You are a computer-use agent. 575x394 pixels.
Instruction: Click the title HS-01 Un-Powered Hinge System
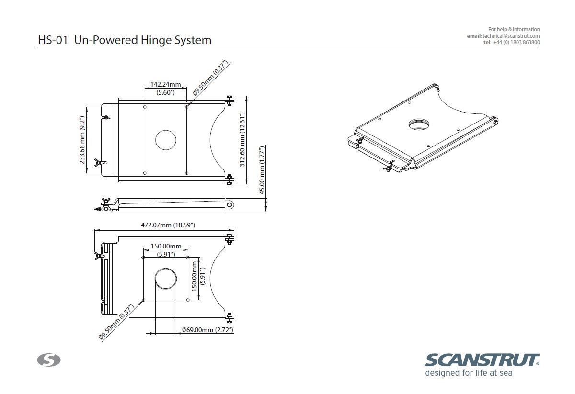point(125,40)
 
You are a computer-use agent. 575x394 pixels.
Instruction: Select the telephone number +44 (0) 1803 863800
point(516,42)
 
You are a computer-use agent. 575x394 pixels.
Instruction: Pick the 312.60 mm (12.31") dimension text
point(242,139)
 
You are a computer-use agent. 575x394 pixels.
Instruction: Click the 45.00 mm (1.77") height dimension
point(262,170)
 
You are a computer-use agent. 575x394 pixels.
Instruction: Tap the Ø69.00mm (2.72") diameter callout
point(207,330)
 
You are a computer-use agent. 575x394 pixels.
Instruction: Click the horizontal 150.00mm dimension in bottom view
point(166,247)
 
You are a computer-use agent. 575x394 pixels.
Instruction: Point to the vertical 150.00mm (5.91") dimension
point(198,276)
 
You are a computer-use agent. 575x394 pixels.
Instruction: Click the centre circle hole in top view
point(166,140)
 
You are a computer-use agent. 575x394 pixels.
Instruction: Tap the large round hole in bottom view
point(166,278)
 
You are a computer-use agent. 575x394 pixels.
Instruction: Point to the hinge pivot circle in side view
point(231,205)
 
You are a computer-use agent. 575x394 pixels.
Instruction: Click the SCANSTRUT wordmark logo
point(481,360)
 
